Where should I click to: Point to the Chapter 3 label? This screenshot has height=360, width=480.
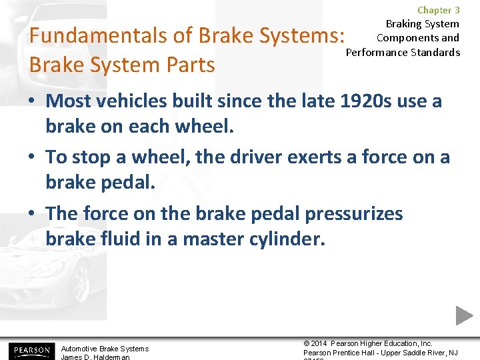(x=438, y=10)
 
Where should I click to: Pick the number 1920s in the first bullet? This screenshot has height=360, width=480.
(x=359, y=101)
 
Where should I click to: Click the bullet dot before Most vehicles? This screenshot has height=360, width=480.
(x=33, y=101)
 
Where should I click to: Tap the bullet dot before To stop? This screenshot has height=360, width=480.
(x=33, y=158)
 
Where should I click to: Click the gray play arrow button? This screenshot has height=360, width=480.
(x=465, y=315)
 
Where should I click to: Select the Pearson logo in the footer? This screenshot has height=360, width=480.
(x=30, y=350)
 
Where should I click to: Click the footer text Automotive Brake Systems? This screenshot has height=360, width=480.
(x=105, y=349)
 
